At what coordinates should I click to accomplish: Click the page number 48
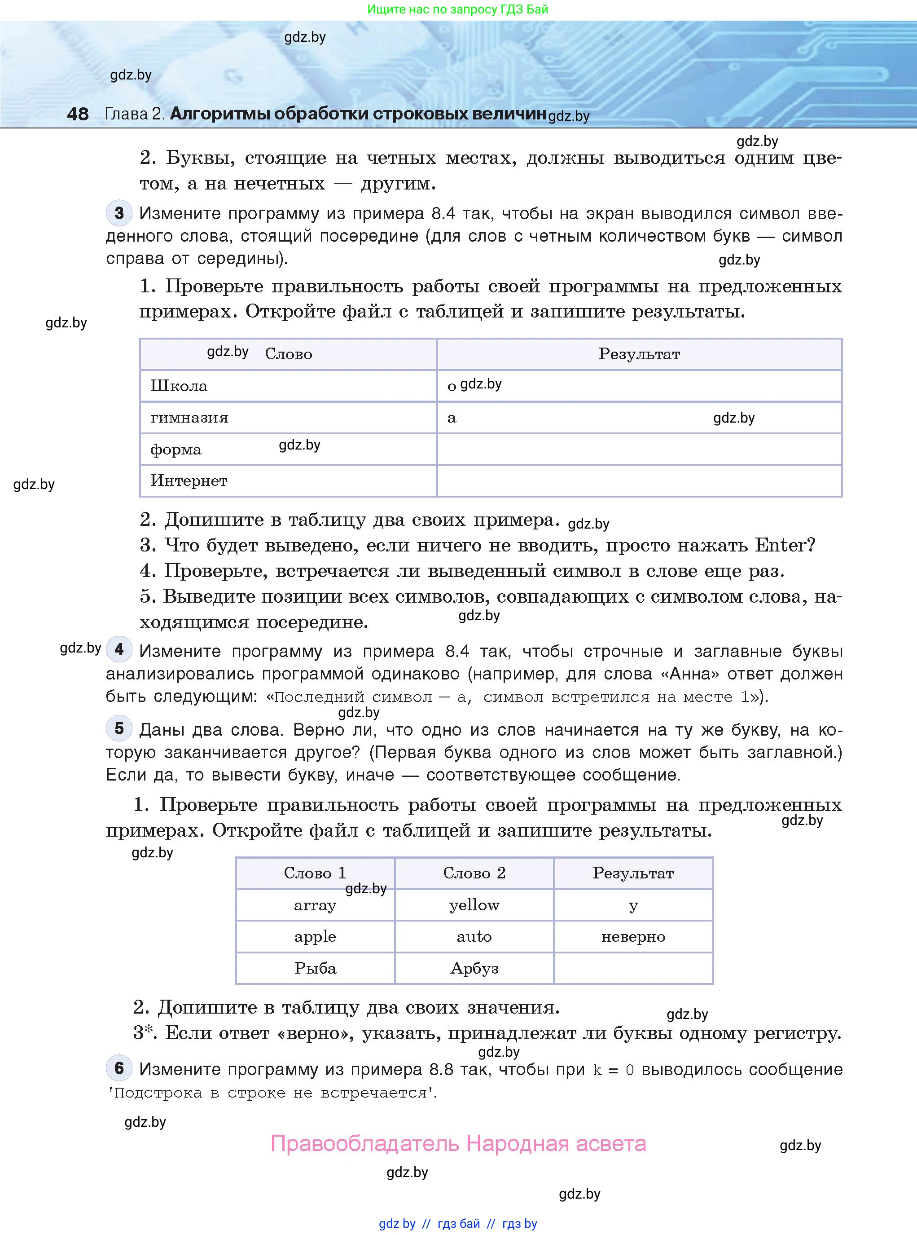78,114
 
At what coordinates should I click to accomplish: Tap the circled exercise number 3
119,213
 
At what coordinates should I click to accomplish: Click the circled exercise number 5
119,728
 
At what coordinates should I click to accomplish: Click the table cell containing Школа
179,386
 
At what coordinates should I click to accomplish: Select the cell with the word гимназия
189,418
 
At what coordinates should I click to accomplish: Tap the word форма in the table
176,449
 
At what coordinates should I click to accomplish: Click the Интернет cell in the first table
189,481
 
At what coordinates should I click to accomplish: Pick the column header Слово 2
474,873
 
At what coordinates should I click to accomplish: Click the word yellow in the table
474,905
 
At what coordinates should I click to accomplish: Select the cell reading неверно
633,937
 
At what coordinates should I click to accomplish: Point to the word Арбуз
474,968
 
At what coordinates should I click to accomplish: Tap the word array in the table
315,905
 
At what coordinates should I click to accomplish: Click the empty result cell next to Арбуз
633,968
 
